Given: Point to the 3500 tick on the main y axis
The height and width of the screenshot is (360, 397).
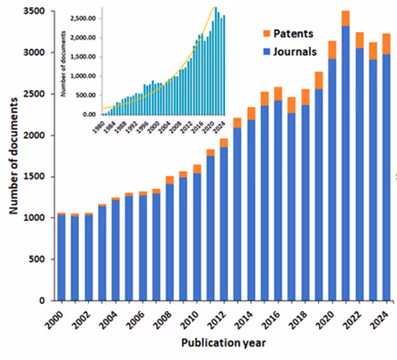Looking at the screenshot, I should coord(35,11).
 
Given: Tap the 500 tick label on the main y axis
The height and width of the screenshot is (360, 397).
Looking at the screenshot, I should coord(37,259).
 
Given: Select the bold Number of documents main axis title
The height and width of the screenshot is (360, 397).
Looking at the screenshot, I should coord(13,155).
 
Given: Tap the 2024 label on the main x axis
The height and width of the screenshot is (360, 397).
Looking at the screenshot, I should coord(385,319).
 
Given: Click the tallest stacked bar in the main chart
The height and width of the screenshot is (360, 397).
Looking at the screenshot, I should coord(345,155).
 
